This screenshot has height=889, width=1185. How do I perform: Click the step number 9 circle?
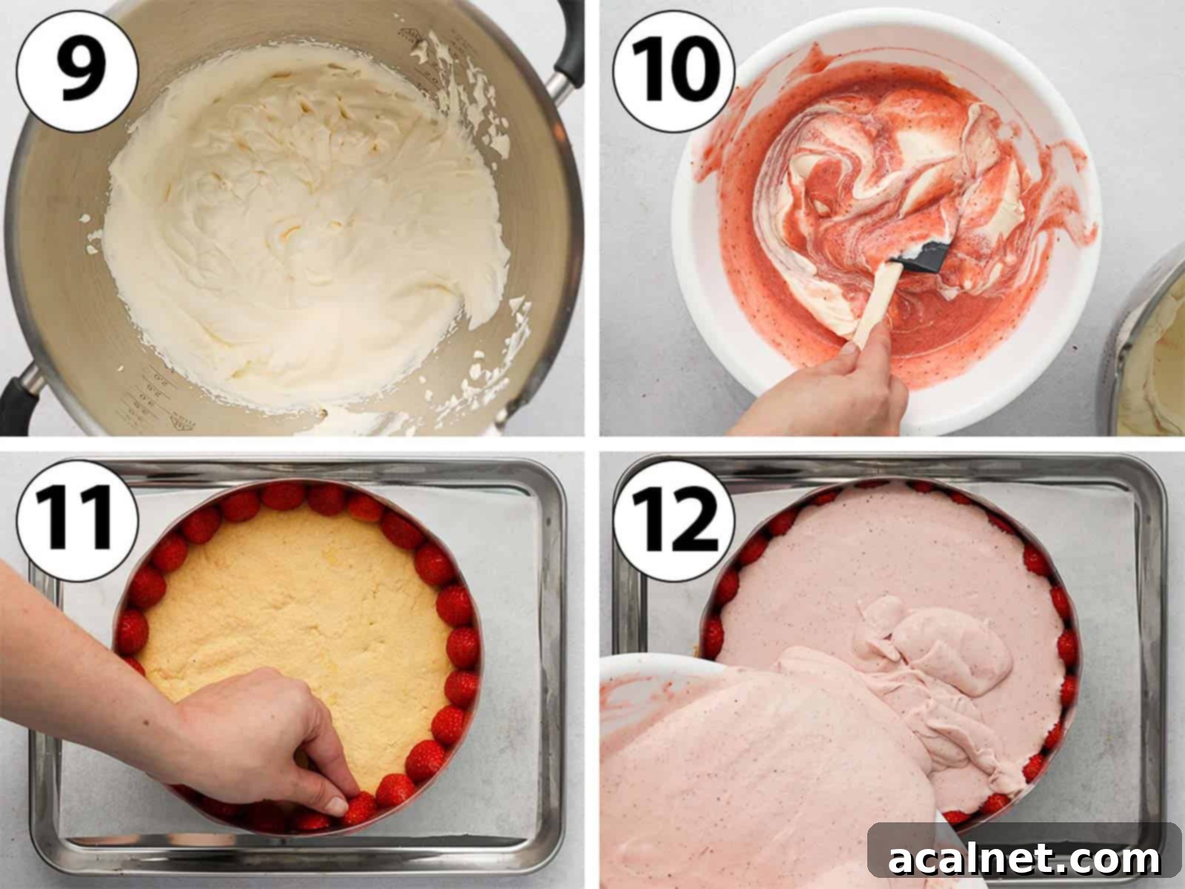(77, 73)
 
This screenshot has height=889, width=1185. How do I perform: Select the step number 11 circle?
(77, 519)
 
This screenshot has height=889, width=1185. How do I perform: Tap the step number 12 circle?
(673, 519)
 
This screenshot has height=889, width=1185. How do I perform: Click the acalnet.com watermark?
(1024, 859)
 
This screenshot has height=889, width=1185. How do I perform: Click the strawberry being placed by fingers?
(361, 808)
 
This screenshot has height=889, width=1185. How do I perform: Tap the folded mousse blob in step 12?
(926, 645)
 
